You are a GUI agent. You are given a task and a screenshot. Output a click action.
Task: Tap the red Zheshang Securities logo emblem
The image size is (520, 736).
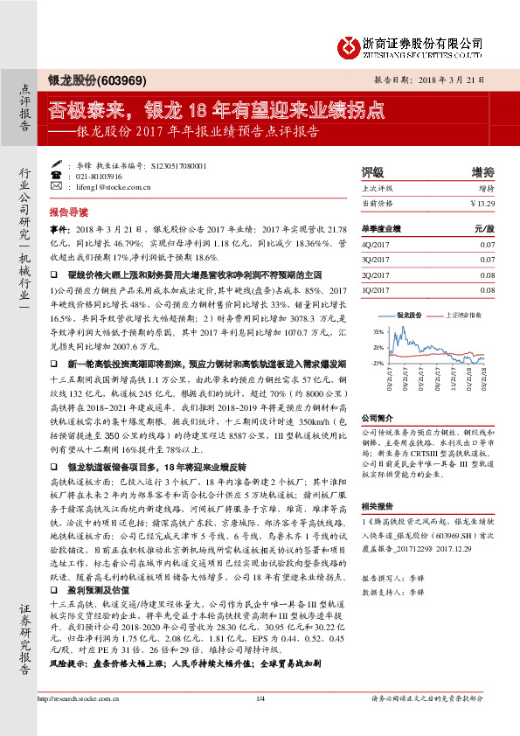[x=350, y=45]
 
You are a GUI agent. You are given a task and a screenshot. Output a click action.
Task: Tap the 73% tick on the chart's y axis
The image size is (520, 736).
[x=378, y=332]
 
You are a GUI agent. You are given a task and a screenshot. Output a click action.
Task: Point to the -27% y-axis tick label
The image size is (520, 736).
[x=377, y=362]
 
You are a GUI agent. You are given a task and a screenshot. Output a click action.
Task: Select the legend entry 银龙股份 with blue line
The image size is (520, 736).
[x=409, y=312]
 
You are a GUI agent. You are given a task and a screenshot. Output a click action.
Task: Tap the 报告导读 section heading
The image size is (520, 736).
[x=69, y=212]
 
